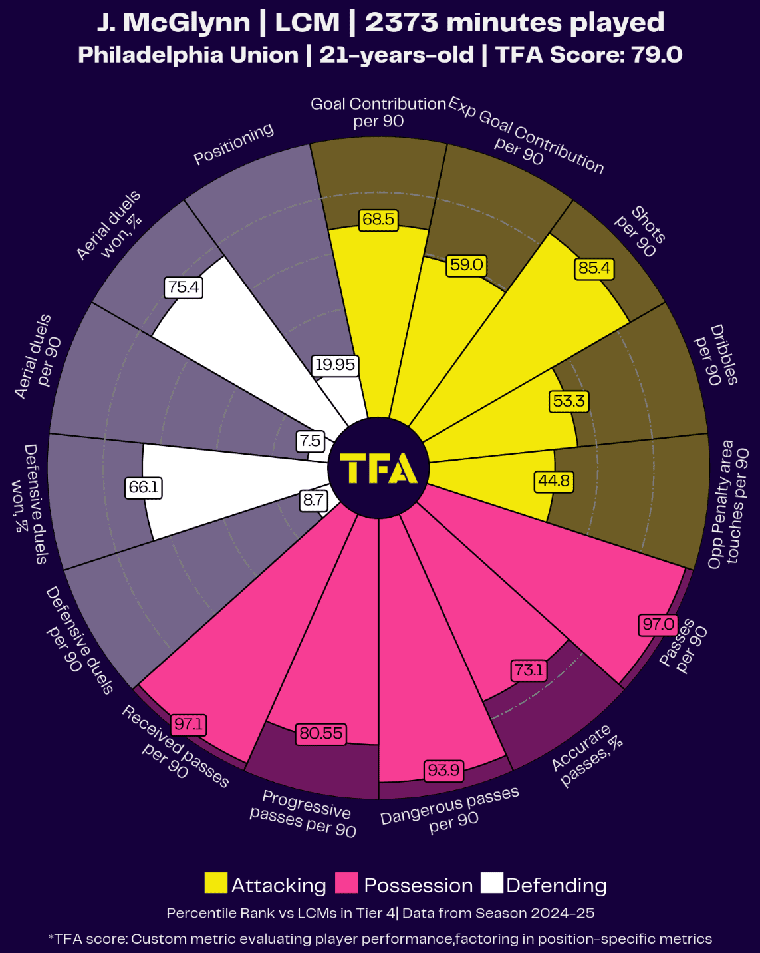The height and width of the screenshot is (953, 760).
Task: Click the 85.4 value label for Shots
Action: tap(594, 268)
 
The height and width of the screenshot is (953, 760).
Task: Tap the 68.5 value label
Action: tap(378, 220)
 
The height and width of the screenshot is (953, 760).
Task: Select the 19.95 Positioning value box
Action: tap(335, 365)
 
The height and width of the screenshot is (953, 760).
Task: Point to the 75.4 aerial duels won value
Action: tap(184, 287)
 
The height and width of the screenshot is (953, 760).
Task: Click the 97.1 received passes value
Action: tap(189, 724)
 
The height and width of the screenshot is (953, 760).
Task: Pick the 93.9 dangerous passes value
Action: tap(443, 770)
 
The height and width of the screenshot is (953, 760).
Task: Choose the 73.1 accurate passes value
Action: tap(529, 670)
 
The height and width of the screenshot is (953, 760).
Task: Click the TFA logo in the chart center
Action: tap(378, 469)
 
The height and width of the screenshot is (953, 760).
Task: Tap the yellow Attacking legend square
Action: tap(215, 884)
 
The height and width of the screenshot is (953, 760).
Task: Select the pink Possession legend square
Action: tap(346, 884)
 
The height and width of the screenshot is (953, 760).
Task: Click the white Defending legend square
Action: tap(492, 884)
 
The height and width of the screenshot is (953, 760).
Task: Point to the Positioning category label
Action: tap(233, 144)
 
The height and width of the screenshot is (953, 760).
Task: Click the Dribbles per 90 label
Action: tap(715, 355)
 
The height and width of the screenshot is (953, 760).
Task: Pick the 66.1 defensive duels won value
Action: tap(144, 488)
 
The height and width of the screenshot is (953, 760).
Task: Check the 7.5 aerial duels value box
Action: tap(310, 441)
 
